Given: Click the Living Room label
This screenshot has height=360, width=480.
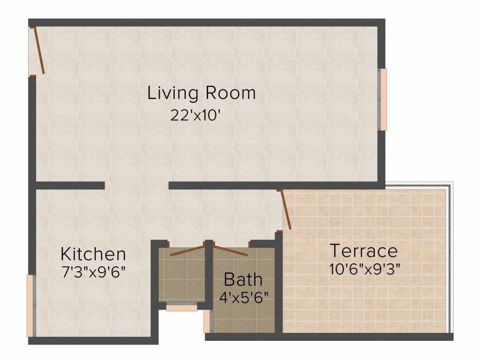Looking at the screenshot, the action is point(202,93).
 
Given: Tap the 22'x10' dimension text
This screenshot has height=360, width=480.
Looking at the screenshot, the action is point(195,116).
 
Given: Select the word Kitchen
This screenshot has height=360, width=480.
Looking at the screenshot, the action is point(93,254).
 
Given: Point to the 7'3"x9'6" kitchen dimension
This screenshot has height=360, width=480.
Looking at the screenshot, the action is point(94,272).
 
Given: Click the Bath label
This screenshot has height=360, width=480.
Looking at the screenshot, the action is point(243,279).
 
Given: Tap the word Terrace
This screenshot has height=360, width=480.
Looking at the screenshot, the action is point(364,251).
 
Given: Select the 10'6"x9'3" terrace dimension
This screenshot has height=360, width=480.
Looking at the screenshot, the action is point(365,270).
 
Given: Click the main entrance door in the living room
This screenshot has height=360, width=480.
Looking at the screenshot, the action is point(39,51).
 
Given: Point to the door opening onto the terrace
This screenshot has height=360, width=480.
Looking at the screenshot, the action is point(286,210).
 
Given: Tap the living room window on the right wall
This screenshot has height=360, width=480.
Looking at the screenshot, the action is point(382,99).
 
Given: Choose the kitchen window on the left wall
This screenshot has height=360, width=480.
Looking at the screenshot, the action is point(31,306).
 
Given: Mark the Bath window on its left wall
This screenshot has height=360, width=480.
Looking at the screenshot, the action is point(208,321).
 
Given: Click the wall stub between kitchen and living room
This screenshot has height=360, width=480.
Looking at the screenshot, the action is point(70,186).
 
